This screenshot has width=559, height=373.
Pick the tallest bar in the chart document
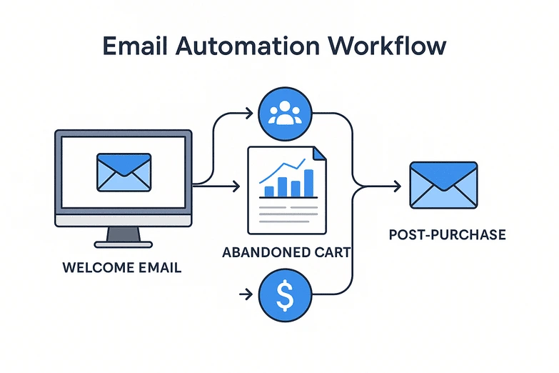click(x=309, y=183)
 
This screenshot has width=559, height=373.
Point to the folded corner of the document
click(x=318, y=153)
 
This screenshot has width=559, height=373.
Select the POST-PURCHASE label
click(x=447, y=235)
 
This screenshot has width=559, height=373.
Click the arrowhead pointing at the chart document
click(x=236, y=187)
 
